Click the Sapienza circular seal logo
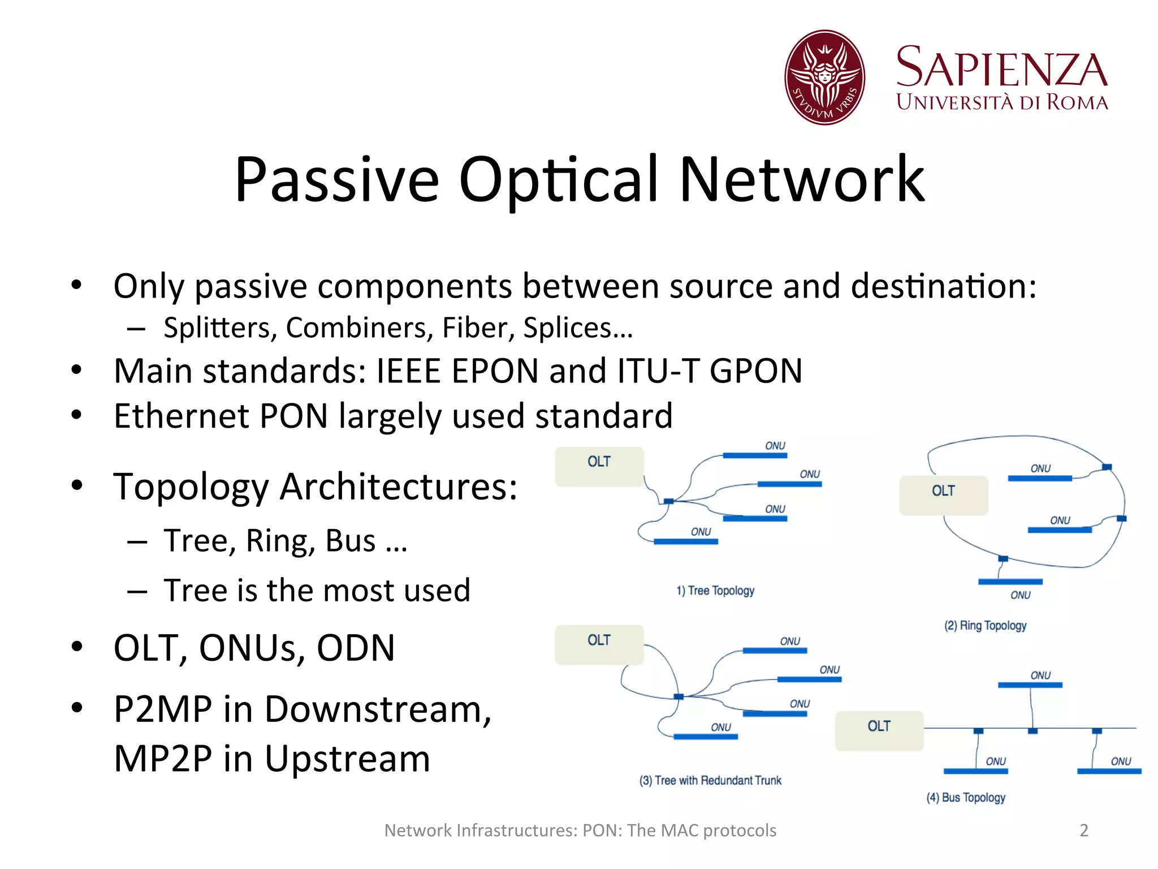click(x=824, y=78)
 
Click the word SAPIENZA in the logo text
click(x=1001, y=68)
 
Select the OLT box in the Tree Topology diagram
click(x=599, y=466)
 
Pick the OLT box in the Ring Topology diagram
click(x=943, y=495)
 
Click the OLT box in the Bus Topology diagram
click(x=879, y=730)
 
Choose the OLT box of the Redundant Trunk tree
click(x=599, y=644)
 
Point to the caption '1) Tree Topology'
click(x=715, y=591)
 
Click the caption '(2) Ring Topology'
click(x=985, y=626)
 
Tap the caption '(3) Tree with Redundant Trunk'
click(x=710, y=781)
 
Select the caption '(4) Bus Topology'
click(x=966, y=798)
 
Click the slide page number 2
click(x=1084, y=830)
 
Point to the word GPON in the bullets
click(x=756, y=371)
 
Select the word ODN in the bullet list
click(x=356, y=648)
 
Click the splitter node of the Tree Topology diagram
click(x=669, y=501)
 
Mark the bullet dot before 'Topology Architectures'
click(x=77, y=485)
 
